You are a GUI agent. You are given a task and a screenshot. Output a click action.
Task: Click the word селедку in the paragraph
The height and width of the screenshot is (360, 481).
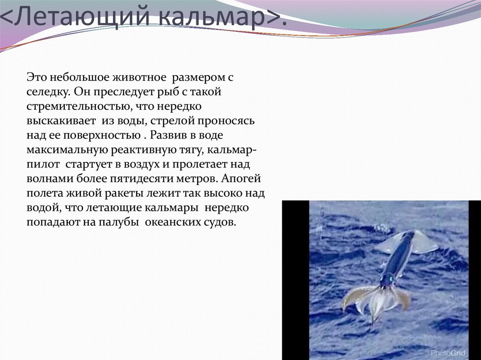tap(47, 92)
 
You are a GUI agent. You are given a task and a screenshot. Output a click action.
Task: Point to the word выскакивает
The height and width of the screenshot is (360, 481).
tap(59, 121)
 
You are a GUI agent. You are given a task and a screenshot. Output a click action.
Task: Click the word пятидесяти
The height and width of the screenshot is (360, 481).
tap(151, 179)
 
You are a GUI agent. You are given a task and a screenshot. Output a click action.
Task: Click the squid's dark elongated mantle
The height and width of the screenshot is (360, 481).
tap(399, 256)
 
